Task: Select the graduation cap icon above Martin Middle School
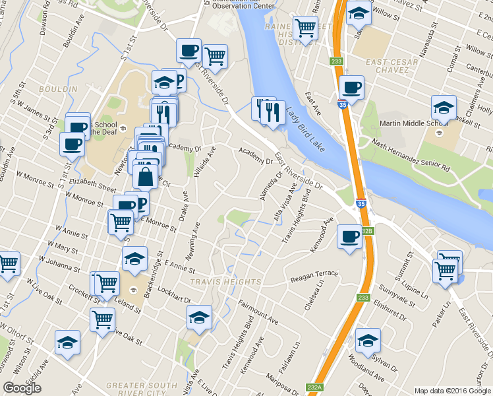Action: coord(444,107)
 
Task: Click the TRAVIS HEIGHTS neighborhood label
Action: coord(217,282)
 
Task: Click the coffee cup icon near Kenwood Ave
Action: coord(349,236)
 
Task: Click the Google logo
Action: coord(22,388)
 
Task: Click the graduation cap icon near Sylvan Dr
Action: coord(368,341)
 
